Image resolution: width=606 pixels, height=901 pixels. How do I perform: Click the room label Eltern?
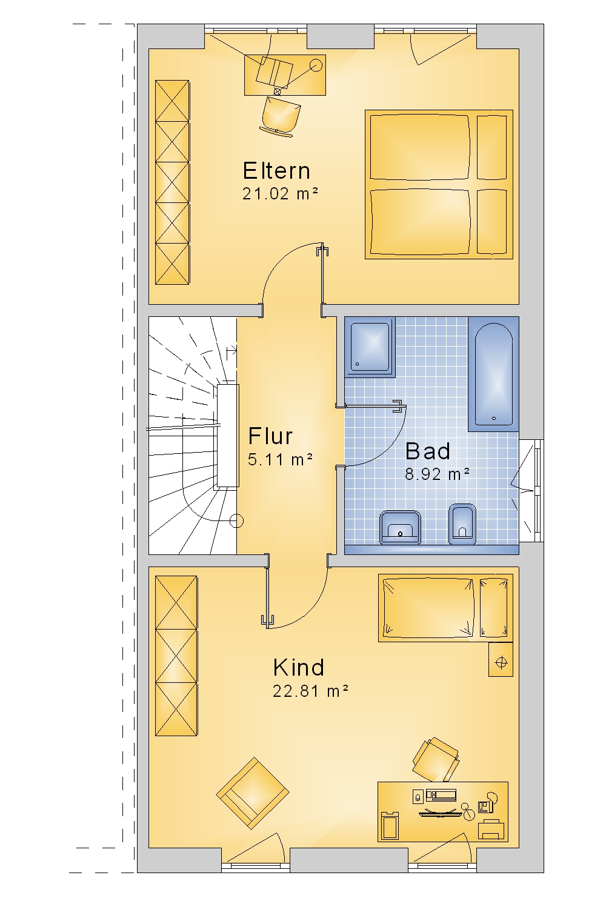pos(277,171)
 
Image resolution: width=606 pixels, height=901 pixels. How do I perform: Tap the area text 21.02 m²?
pos(280,194)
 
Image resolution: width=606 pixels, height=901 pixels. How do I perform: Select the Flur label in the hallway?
pos(270,436)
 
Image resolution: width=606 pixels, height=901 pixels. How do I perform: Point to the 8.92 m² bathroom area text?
pos(437,474)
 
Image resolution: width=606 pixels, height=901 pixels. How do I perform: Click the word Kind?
pos(299,668)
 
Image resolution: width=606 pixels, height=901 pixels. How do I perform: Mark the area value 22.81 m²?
pos(310,691)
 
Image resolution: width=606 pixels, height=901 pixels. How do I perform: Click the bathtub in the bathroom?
pos(494,374)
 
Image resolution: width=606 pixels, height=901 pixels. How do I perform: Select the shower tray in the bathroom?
pos(370,347)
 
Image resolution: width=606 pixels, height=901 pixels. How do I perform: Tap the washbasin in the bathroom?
pos(400,527)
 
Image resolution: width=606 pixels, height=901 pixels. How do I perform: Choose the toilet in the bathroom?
pos(462,524)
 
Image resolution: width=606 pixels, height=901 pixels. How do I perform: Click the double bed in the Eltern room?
pos(439,184)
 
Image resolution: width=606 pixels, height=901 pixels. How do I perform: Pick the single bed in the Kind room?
pos(445,608)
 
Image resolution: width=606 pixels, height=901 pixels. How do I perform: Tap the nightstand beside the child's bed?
pos(501,659)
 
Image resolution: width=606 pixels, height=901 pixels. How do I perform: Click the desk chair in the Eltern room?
pos(281,115)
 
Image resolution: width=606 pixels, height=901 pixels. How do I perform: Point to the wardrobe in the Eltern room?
pos(172,182)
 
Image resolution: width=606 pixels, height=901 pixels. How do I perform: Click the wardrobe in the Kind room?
pos(176,656)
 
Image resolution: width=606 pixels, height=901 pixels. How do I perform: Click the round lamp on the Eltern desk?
pos(316,65)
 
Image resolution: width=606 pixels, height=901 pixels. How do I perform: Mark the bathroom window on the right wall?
pos(531,491)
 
